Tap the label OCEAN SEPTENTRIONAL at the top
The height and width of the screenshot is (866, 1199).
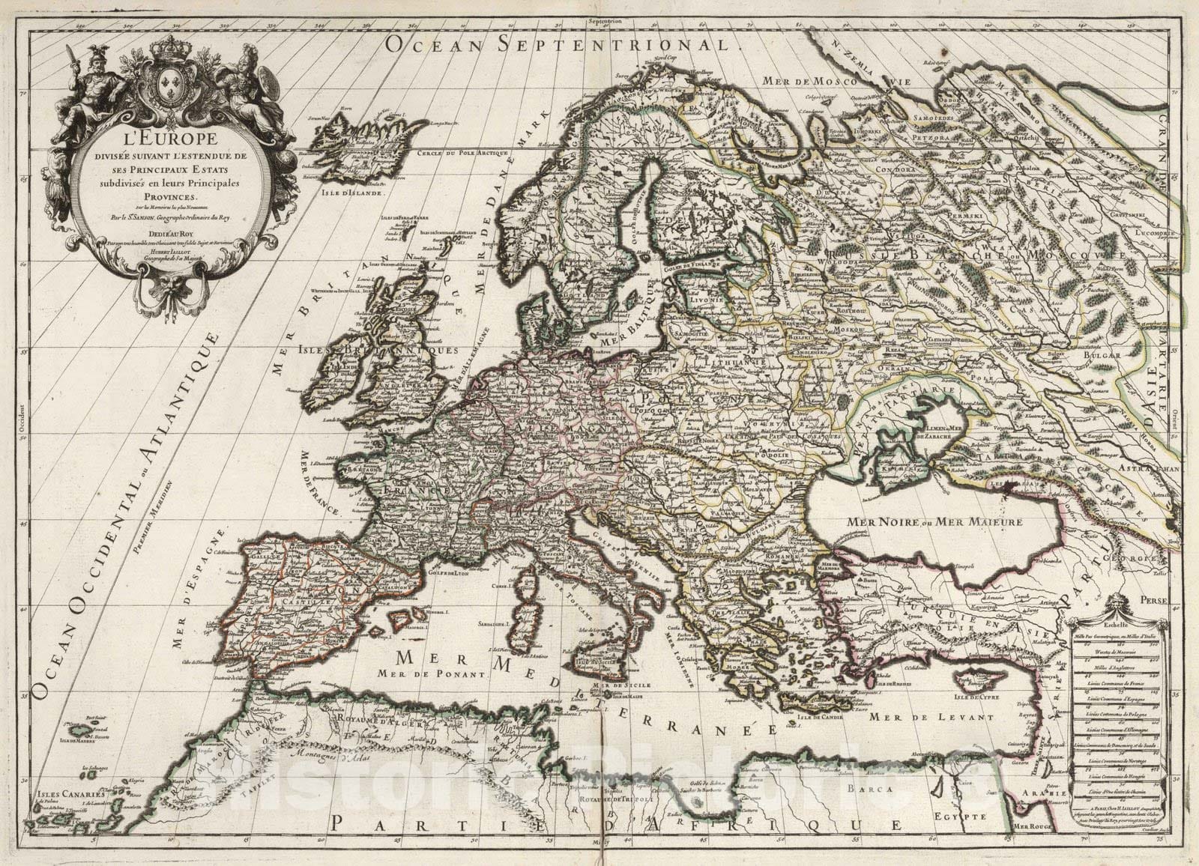click(558, 43)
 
